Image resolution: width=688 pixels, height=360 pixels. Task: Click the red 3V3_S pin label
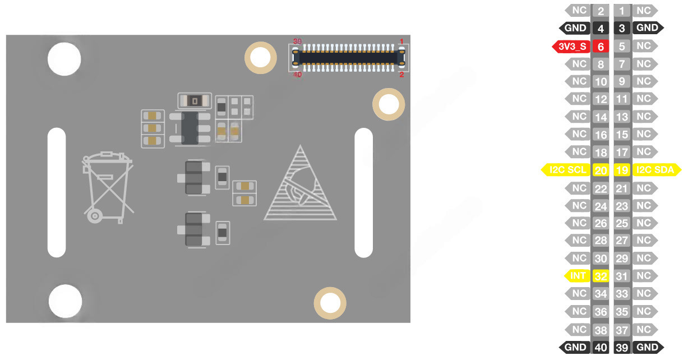tap(571, 47)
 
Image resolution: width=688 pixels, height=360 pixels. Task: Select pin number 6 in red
tap(601, 47)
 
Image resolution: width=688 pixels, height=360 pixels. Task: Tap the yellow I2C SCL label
tap(566, 170)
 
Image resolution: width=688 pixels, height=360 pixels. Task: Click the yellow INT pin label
tap(578, 276)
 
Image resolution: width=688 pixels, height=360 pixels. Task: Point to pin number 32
tap(601, 276)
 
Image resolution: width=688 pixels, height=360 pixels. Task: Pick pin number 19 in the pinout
tap(622, 170)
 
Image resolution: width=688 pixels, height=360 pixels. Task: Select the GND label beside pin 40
tap(575, 347)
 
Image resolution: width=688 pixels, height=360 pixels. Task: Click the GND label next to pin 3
tap(648, 28)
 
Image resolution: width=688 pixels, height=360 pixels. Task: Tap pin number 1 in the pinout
tap(622, 11)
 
